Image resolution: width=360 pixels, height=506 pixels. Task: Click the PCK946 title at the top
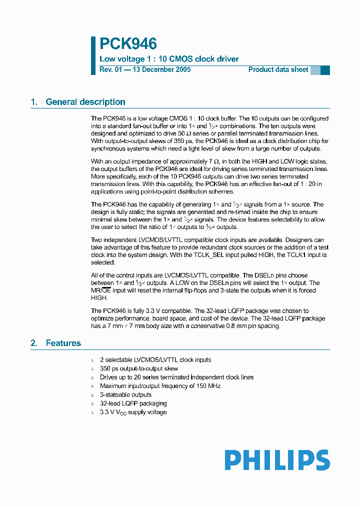click(128, 44)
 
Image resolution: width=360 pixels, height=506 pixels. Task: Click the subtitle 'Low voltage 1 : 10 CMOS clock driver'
click(169, 59)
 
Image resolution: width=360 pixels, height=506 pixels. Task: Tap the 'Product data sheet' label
click(278, 69)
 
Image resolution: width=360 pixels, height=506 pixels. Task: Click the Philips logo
click(277, 460)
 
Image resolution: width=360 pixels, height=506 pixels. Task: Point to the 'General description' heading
click(85, 102)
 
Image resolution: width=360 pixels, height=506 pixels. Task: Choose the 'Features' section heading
click(63, 343)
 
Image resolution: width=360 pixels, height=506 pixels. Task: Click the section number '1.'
click(34, 102)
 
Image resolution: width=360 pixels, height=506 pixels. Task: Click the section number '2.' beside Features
click(34, 343)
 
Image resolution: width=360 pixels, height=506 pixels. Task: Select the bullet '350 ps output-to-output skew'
click(138, 368)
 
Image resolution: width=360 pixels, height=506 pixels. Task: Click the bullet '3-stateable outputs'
click(125, 394)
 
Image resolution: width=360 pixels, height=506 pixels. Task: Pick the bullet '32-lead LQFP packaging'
click(133, 403)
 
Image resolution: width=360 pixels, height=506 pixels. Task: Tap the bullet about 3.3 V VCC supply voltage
click(133, 412)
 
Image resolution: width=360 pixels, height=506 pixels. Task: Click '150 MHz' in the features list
click(208, 386)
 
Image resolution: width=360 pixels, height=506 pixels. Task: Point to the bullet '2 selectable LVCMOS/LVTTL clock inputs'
click(155, 360)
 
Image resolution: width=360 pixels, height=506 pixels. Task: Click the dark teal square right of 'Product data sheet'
click(325, 70)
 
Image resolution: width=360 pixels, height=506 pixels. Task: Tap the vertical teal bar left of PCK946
click(93, 55)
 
